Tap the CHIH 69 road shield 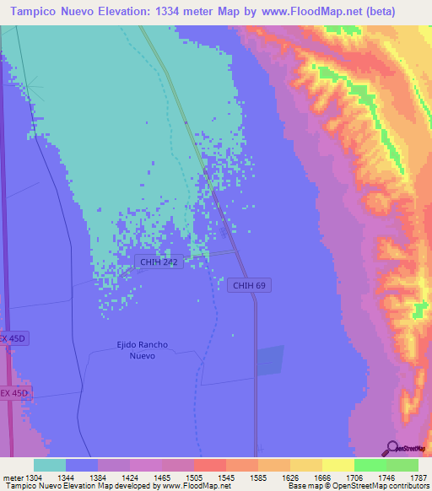[x=249, y=286]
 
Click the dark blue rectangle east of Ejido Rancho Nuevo [x=271, y=360]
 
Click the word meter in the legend [x=13, y=477]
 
